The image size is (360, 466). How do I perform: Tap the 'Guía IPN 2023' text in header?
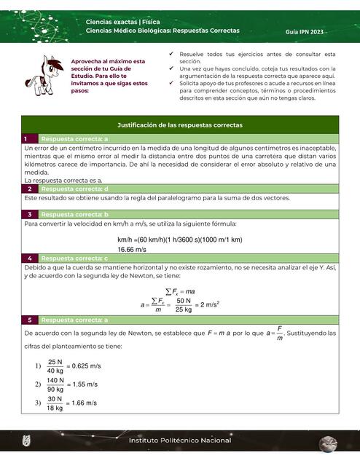click(x=307, y=33)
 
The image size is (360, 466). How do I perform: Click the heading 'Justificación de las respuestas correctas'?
click(x=180, y=125)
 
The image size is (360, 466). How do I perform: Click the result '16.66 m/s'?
click(x=132, y=249)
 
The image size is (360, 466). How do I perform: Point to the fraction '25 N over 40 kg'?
click(x=55, y=366)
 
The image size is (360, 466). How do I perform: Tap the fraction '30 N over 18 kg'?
click(x=55, y=403)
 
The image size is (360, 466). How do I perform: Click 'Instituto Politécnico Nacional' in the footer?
click(x=180, y=441)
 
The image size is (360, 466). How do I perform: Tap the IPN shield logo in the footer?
click(x=27, y=441)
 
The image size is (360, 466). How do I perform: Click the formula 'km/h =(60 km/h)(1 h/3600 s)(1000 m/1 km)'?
click(x=179, y=239)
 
